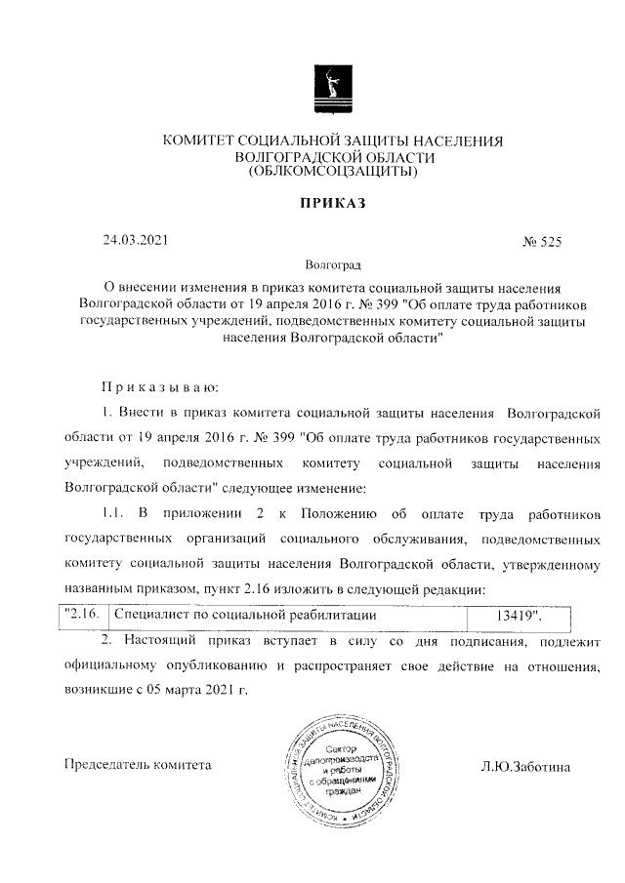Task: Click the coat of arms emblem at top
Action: (x=332, y=89)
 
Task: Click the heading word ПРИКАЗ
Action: (x=332, y=203)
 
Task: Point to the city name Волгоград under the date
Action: (x=332, y=264)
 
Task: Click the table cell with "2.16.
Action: (x=81, y=617)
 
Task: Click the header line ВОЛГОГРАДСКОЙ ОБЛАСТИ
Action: (x=332, y=157)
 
